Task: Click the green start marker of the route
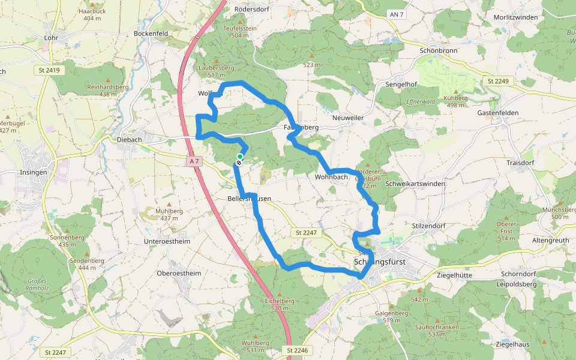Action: tap(240, 156)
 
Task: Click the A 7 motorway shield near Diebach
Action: tap(193, 161)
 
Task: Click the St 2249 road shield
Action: tap(497, 81)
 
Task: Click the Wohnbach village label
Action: tap(331, 177)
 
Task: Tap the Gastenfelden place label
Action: tap(498, 113)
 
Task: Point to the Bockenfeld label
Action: tap(151, 34)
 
